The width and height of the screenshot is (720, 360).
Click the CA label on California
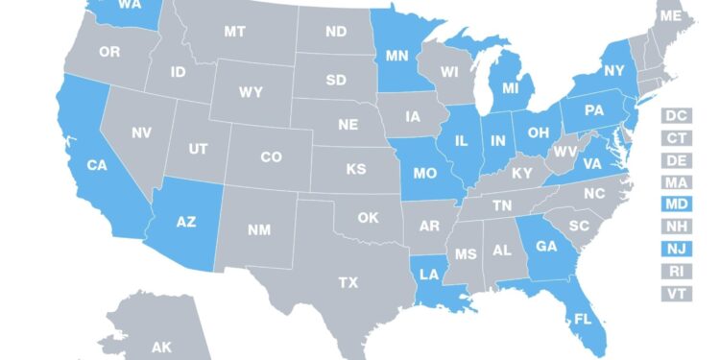[x=97, y=165]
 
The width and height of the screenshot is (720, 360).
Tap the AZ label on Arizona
[x=187, y=221]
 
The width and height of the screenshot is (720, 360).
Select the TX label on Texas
[x=348, y=282]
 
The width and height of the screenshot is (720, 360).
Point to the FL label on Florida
[x=583, y=320]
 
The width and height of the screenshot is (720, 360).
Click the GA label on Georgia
[x=546, y=246]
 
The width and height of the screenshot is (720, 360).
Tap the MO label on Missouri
[x=425, y=175]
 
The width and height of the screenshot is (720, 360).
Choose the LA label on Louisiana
[x=429, y=275]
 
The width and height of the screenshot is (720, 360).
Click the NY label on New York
[x=614, y=70]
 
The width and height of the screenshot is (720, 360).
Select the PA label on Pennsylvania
[x=594, y=110]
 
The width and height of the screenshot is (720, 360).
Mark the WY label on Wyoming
[x=252, y=92]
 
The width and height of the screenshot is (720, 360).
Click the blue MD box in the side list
[x=676, y=204]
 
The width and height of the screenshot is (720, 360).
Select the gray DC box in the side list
[x=676, y=115]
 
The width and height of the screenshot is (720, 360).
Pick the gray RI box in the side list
[x=676, y=271]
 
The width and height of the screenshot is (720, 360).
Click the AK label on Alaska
[x=161, y=347]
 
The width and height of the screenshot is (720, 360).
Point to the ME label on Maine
[x=671, y=16]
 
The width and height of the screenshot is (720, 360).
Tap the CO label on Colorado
[x=272, y=156]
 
